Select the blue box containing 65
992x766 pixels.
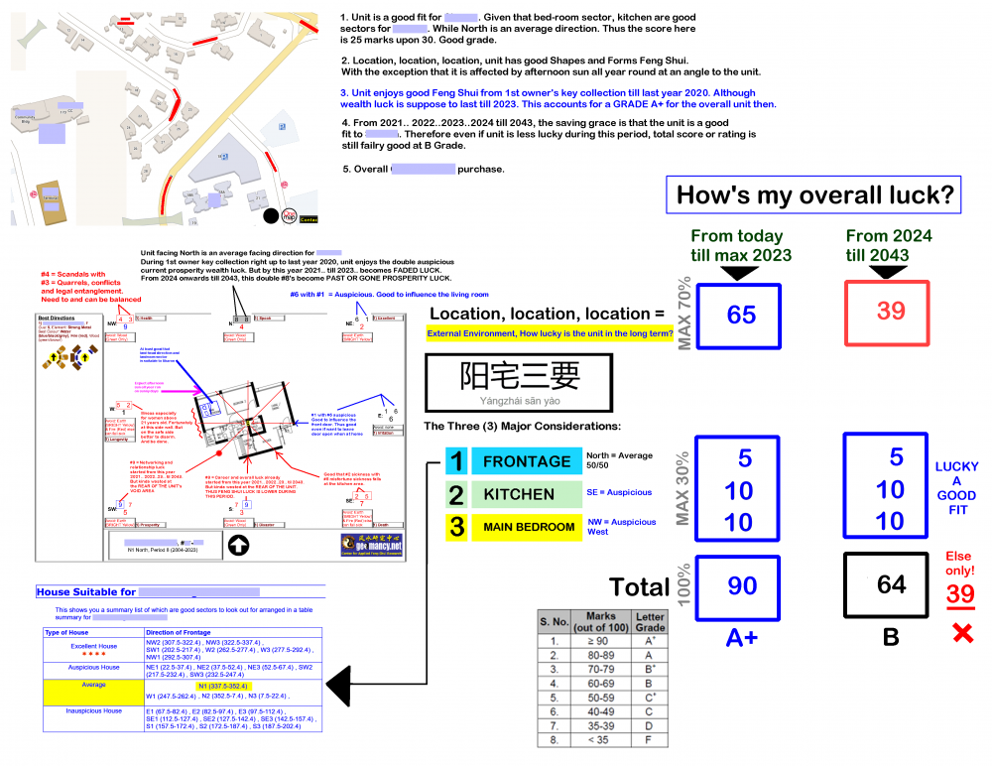point(741,315)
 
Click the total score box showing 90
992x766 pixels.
point(741,585)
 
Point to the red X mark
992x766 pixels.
point(961,632)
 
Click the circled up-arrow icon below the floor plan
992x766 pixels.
point(239,544)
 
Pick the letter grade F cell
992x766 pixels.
point(651,739)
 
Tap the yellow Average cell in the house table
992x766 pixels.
point(93,685)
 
